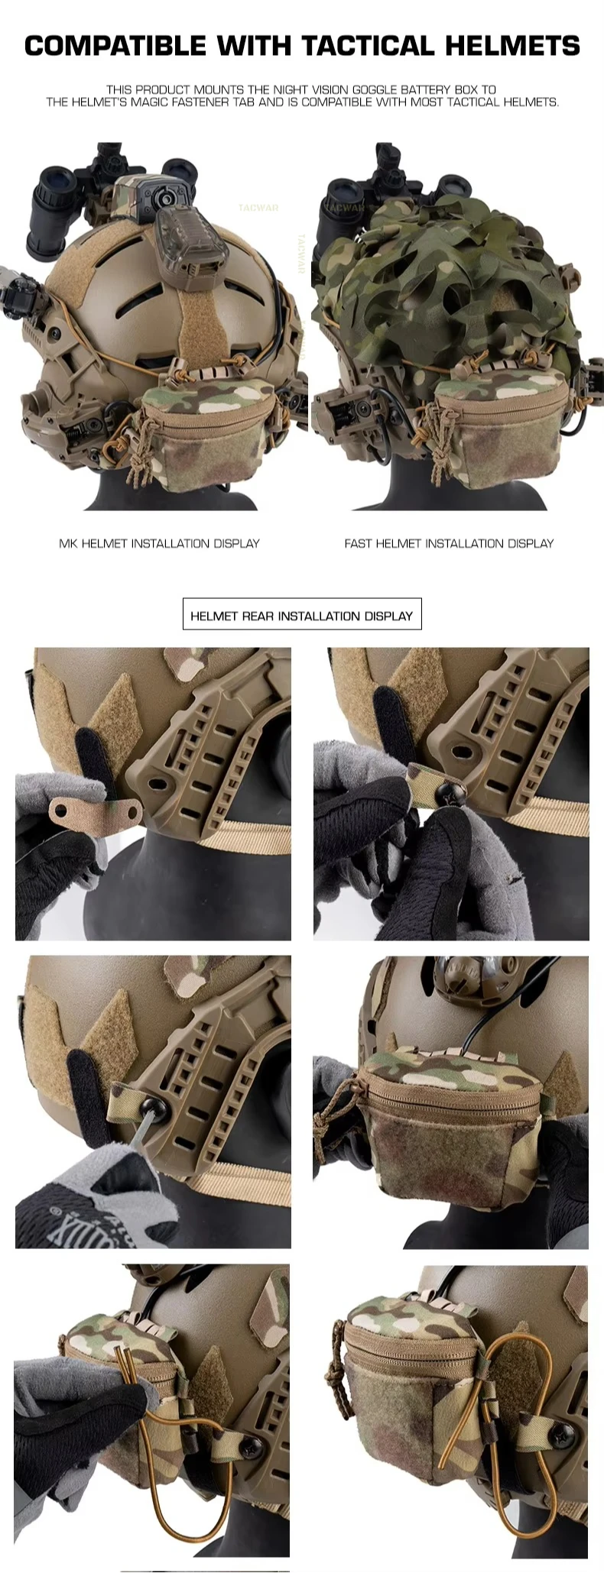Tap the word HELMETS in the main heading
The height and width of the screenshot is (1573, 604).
[512, 46]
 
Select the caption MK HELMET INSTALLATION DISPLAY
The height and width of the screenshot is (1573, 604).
[159, 543]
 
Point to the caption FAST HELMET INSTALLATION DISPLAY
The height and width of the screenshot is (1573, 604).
[449, 543]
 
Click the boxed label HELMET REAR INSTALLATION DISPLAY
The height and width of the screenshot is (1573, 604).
[301, 616]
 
